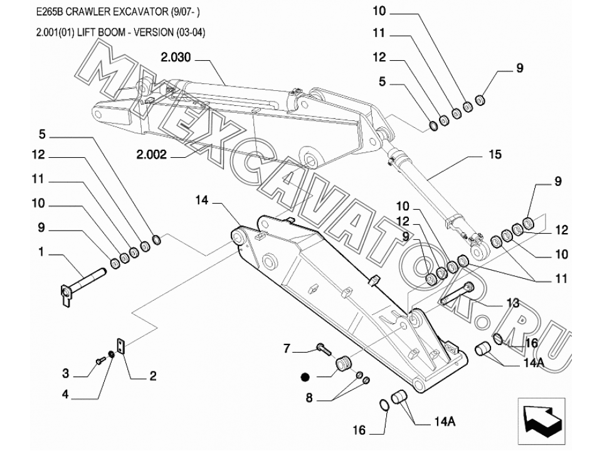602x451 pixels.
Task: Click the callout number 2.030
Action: click(x=175, y=58)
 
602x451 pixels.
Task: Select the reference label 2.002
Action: click(x=151, y=155)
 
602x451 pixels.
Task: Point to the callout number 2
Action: click(x=152, y=376)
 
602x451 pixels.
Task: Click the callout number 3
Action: click(x=65, y=374)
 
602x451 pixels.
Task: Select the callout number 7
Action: click(x=287, y=349)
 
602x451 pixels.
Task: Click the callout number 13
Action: click(x=512, y=304)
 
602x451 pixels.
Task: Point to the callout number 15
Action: click(x=495, y=153)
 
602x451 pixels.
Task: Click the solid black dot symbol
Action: click(x=305, y=376)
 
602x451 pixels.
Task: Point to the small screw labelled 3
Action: click(x=100, y=360)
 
